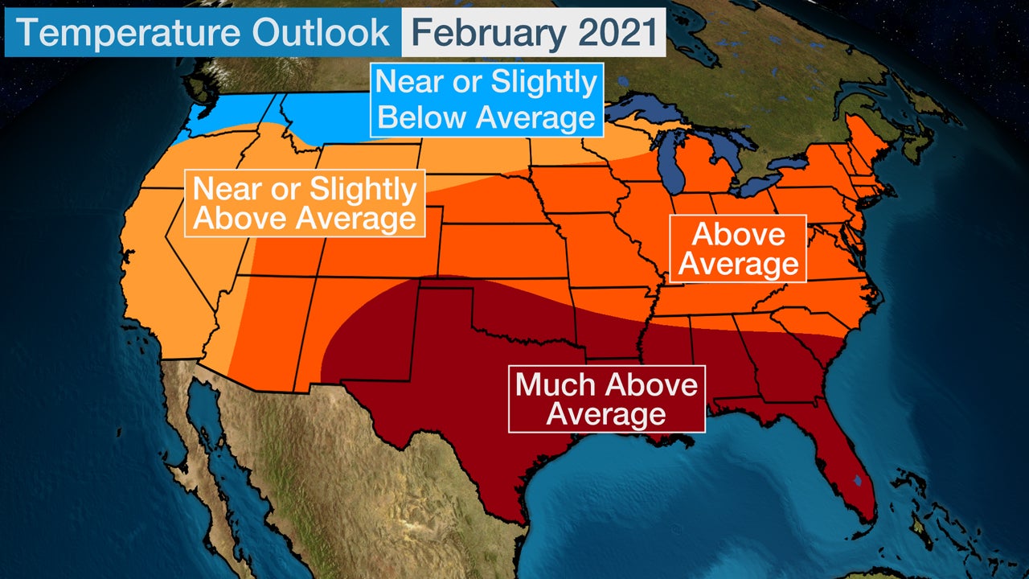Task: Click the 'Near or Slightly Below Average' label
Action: [486, 100]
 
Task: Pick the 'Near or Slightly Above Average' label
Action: [305, 203]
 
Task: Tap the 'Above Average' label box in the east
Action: [738, 248]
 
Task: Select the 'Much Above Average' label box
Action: [606, 399]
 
